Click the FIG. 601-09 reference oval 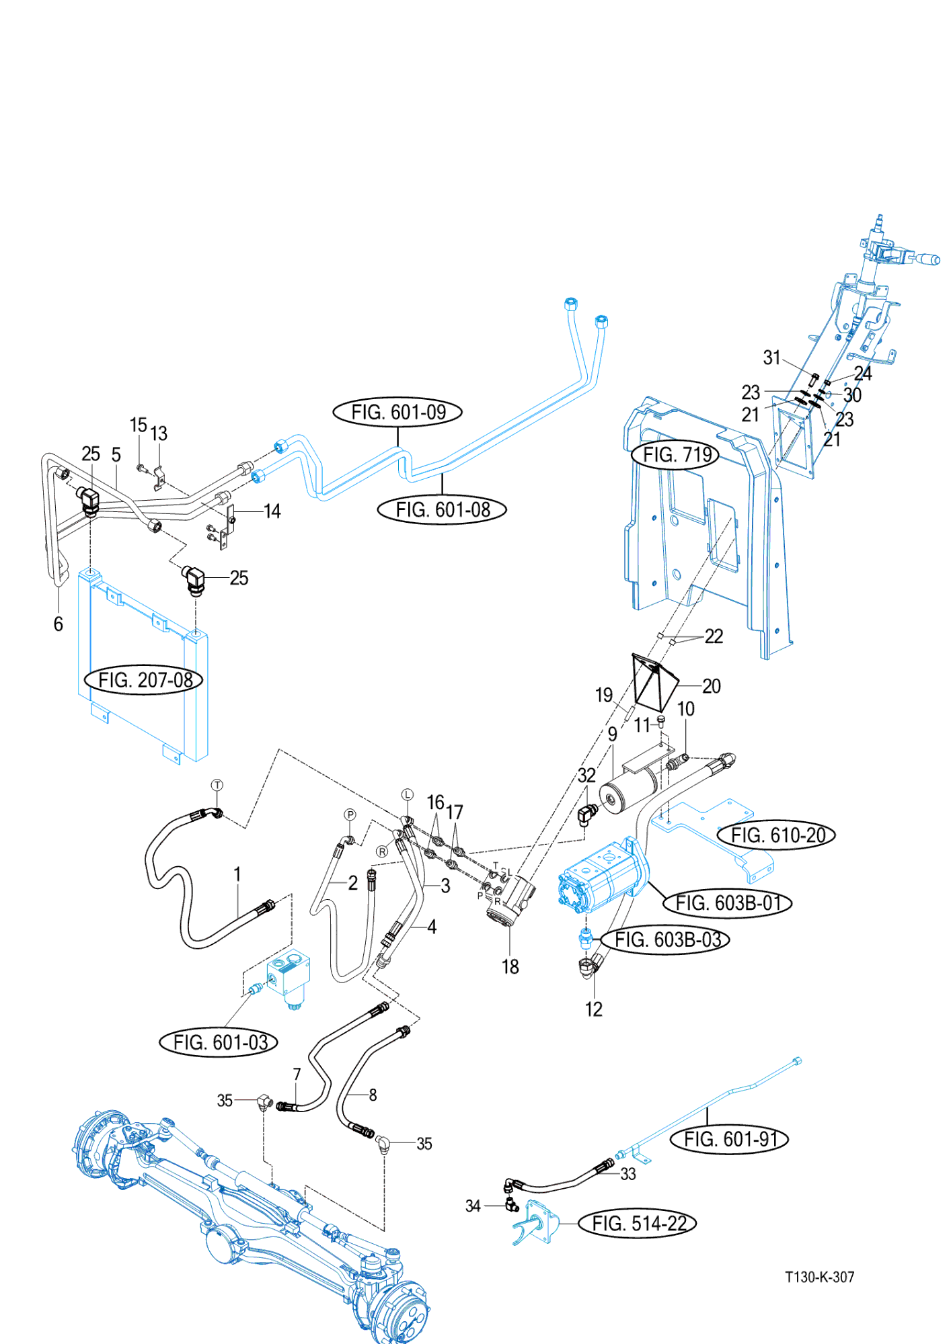[397, 412]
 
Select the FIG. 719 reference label [676, 455]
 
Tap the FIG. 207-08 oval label [144, 680]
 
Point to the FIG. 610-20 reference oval [777, 835]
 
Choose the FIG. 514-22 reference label [638, 1223]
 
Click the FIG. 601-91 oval [730, 1139]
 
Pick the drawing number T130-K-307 [819, 1277]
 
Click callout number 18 [510, 966]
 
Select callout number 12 [593, 1009]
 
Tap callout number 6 [59, 624]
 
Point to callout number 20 [711, 686]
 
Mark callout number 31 [771, 358]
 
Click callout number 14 [272, 511]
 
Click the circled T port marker [217, 785]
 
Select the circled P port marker [350, 814]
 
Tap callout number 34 [473, 1206]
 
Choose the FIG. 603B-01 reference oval [728, 902]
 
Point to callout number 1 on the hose [237, 874]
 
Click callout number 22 [714, 636]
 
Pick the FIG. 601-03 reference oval [219, 1042]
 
